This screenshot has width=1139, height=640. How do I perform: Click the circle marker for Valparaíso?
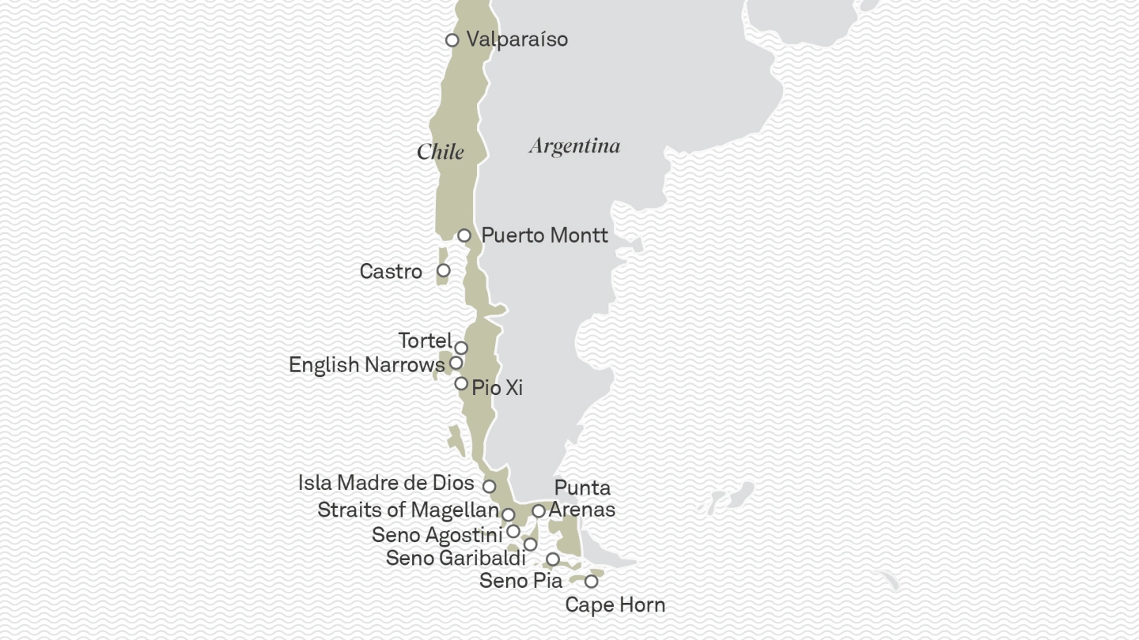[x=452, y=40]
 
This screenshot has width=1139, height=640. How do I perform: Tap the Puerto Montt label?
[x=544, y=235]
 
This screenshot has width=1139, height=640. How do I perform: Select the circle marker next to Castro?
[x=444, y=271]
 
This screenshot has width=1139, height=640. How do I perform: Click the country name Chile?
[x=441, y=152]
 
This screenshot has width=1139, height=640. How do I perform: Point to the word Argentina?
[x=574, y=146]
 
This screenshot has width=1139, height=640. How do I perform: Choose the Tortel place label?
[x=425, y=341]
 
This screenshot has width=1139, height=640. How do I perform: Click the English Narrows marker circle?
[x=456, y=363]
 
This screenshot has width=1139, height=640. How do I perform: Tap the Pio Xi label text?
[x=497, y=388]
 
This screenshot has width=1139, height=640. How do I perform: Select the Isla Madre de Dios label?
[x=386, y=483]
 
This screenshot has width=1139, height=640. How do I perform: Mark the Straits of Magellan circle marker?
[x=509, y=514]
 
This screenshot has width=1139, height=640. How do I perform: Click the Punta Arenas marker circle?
[x=539, y=511]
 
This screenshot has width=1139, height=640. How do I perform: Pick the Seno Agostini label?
[x=437, y=535]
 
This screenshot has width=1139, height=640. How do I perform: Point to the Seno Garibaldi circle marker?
[x=531, y=544]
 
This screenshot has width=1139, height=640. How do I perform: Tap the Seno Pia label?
[x=520, y=581]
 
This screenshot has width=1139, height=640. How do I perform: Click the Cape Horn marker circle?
[x=591, y=582]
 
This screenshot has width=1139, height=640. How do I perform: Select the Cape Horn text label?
[x=615, y=605]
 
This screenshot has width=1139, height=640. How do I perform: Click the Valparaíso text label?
[x=517, y=40]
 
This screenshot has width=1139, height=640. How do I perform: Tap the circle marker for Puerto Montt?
[x=464, y=235]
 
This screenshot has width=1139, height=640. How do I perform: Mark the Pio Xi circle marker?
[x=461, y=384]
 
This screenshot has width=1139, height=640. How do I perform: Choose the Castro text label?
[x=391, y=272]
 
